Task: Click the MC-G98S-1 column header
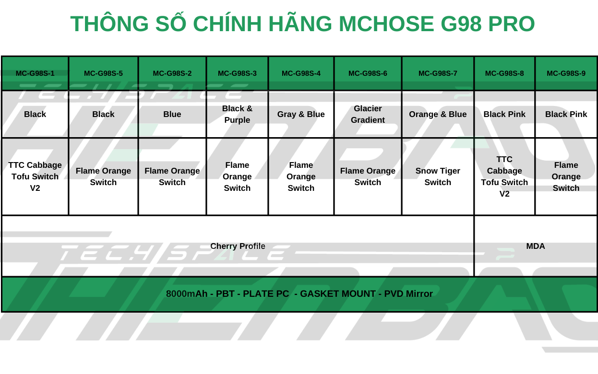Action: coord(35,73)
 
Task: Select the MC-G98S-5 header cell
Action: coord(103,73)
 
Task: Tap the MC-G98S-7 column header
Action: coord(438,73)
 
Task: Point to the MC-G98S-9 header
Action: coord(566,73)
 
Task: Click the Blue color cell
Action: coord(172,114)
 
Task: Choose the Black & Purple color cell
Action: coord(237,114)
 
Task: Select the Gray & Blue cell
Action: coord(301,114)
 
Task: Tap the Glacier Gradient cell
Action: coord(368,114)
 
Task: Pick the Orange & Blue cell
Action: coord(438,114)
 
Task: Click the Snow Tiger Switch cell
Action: coord(438,176)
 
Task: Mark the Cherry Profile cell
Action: coord(238,246)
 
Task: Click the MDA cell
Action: coord(536,246)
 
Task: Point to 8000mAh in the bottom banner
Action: coord(187,294)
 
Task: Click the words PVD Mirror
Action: coord(408,294)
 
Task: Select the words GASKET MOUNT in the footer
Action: coord(338,294)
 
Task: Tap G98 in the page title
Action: coord(461,24)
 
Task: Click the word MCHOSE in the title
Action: coord(386,24)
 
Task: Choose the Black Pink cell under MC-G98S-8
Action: coord(504,114)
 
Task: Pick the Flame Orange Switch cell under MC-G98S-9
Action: coord(566,176)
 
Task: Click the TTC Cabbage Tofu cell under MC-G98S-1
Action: coord(35,176)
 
